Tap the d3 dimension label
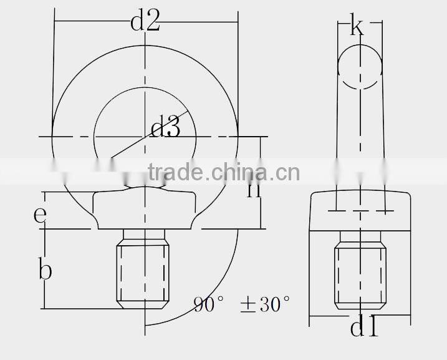click(166, 129)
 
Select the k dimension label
click(357, 27)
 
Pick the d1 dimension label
click(365, 328)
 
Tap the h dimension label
click(254, 187)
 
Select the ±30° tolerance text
click(265, 305)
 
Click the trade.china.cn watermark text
click(223, 172)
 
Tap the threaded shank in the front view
click(144, 271)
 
